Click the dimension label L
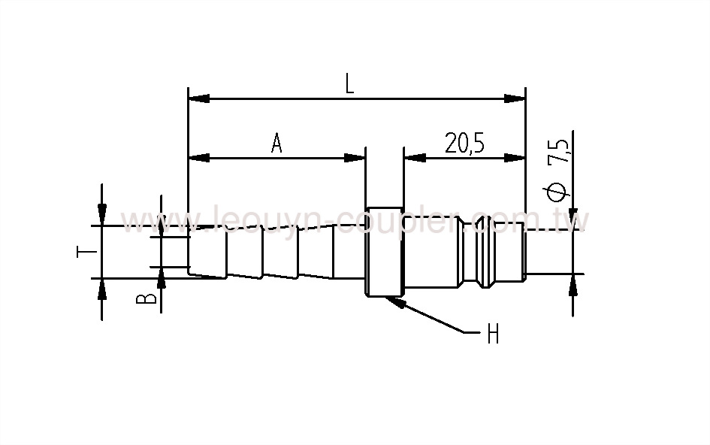pos(349,83)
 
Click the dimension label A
pos(276,143)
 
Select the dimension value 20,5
pos(464,143)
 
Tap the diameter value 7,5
pos(558,150)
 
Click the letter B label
pos(150,298)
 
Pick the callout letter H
pos(493,334)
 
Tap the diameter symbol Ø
pos(557,192)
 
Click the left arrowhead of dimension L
pos(198,98)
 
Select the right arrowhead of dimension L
pos(515,98)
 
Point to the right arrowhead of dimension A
pos(355,158)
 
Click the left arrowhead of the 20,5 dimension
pos(414,158)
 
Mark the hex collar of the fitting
pos(384,252)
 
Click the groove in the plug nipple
pos(482,252)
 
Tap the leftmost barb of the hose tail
pos(207,252)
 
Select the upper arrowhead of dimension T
pos(102,215)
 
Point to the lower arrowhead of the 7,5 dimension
pos(573,283)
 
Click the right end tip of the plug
pos(524,252)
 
